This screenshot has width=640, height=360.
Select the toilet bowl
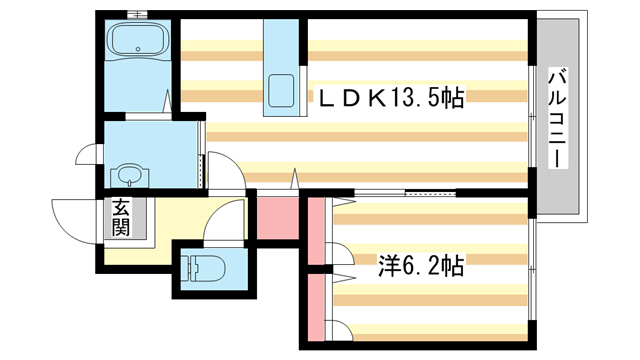coord(203,269)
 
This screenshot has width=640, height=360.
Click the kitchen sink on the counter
coord(281,90)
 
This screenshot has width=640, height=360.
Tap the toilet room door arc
coord(224,222)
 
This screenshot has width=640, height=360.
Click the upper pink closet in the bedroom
coord(317,233)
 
